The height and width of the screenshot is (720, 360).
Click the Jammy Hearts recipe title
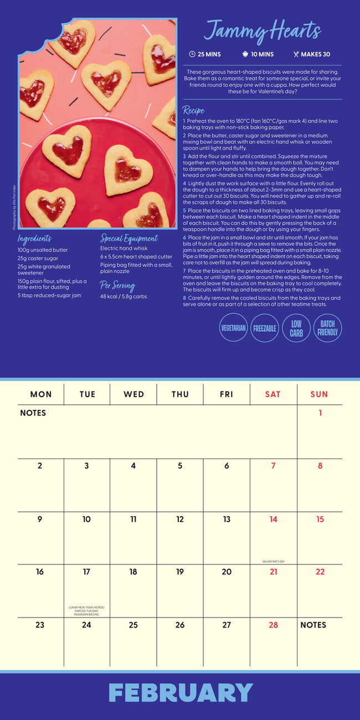coord(263,30)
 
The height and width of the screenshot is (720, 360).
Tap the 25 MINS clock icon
coord(192,54)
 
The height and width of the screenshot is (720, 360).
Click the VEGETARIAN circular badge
coord(234,328)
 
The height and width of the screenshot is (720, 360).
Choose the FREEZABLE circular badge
coord(265,328)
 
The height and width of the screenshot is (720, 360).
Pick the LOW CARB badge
coord(296,328)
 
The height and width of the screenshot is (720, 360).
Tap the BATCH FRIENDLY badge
coord(327,328)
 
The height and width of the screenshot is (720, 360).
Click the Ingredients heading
coord(34,239)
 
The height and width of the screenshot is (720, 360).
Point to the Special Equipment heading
coord(129,239)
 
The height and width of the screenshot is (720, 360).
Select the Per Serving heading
coord(117,286)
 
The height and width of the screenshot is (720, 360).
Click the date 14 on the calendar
coord(273,520)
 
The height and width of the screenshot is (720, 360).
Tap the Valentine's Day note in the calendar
coord(273,562)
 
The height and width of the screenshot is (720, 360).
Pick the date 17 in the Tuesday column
coord(86,572)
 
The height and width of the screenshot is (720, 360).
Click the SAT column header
coord(273,394)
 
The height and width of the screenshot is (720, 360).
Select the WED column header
coord(133,394)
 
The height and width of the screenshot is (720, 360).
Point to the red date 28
coord(273,625)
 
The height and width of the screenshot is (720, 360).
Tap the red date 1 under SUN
coord(320,413)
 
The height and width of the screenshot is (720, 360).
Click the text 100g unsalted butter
coord(43,250)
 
